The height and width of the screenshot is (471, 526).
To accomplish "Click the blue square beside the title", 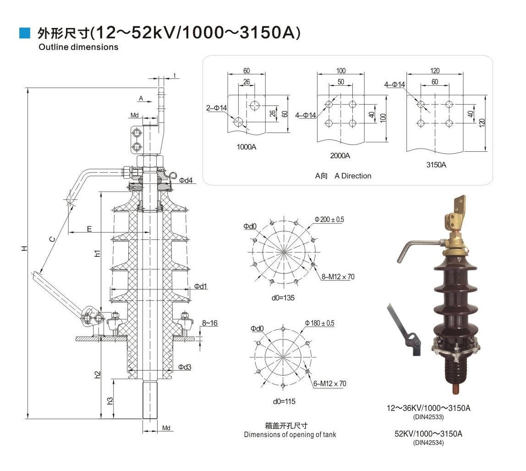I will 24,33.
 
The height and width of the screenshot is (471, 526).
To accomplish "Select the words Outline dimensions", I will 78,47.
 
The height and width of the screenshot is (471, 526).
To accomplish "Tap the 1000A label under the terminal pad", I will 247,147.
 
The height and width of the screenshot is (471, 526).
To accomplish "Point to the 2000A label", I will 340,155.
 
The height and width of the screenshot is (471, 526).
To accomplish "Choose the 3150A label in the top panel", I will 436,164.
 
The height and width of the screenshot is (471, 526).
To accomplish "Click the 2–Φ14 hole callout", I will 216,108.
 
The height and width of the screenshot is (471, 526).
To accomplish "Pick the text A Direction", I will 353,176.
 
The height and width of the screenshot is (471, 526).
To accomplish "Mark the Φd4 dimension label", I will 186,180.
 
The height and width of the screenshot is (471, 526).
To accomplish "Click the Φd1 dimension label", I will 200,286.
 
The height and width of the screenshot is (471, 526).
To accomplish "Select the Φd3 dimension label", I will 185,367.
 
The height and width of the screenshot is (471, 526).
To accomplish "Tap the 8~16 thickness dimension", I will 209,323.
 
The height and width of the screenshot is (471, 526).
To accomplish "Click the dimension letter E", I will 89,228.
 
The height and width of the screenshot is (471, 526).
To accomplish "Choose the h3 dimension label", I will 110,400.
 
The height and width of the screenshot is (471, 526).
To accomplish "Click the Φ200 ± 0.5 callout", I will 329,219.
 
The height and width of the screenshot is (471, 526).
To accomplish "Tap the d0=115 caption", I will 284,401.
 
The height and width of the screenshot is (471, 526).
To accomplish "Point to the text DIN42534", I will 428,443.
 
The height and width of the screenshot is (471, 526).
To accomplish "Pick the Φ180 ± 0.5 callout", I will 319,323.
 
